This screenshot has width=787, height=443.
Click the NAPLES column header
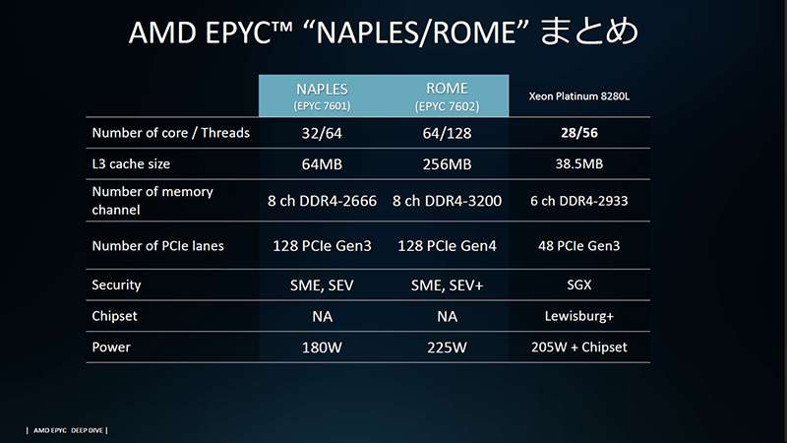click(x=321, y=94)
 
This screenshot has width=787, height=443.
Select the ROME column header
click(x=447, y=94)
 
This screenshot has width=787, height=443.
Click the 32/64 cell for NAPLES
click(x=321, y=133)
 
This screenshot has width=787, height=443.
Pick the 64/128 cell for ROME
click(x=447, y=133)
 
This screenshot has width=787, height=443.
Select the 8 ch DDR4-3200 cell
click(x=447, y=201)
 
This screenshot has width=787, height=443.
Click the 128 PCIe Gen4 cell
click(x=447, y=245)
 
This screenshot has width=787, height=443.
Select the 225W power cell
click(x=447, y=347)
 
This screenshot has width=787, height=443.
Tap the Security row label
click(x=116, y=285)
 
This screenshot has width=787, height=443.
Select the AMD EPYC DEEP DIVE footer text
click(x=67, y=430)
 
